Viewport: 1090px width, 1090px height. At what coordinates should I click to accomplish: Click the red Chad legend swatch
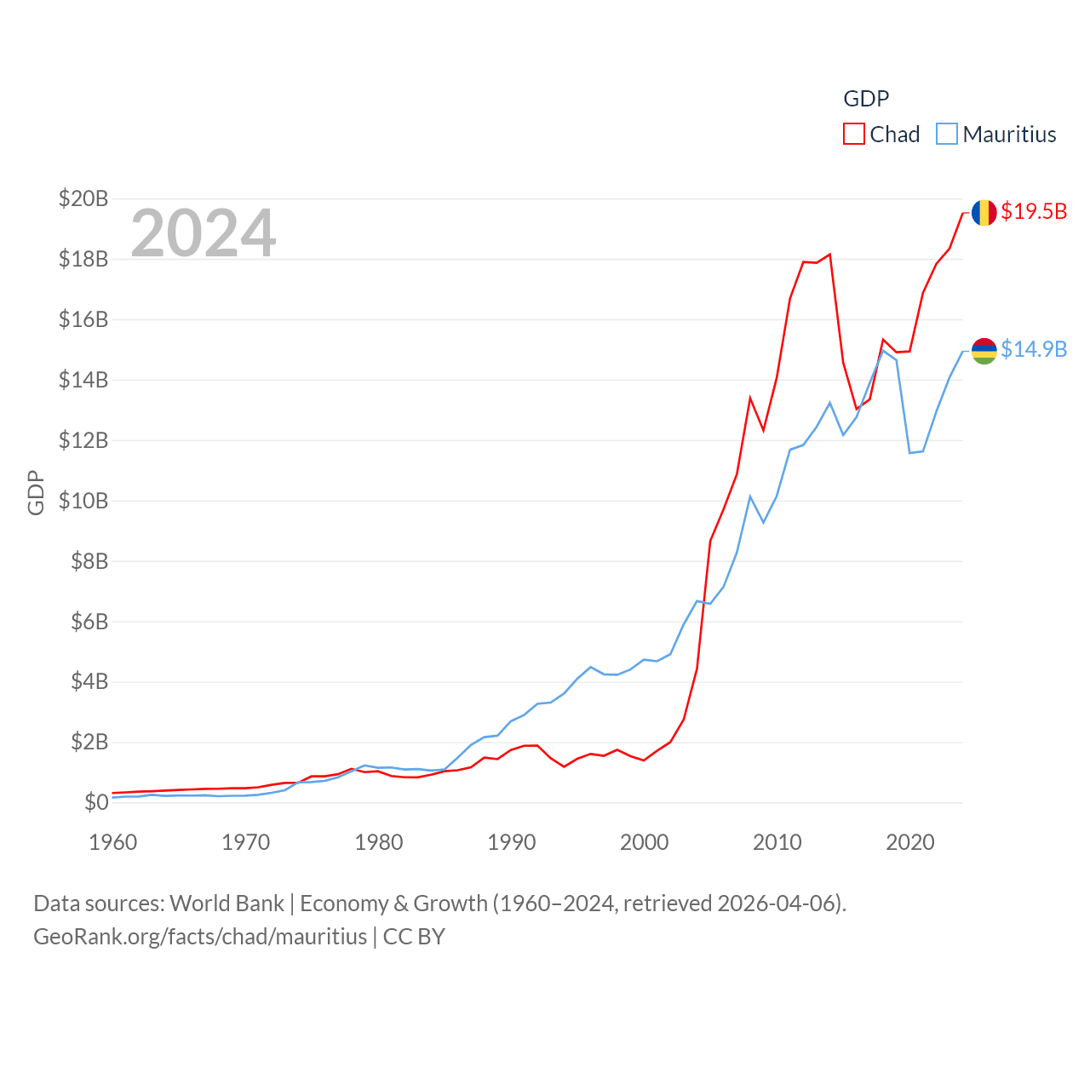853,135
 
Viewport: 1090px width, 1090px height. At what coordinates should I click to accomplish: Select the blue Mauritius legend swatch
946,135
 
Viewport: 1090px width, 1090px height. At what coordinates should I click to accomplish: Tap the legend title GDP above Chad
866,99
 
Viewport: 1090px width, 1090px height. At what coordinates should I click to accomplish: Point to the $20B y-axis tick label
83,198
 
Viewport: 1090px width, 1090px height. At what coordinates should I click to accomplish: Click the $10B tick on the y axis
83,501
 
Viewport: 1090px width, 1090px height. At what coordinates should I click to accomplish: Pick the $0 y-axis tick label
96,802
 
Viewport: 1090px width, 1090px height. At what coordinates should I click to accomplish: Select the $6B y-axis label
89,622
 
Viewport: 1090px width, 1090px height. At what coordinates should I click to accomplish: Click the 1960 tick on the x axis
113,842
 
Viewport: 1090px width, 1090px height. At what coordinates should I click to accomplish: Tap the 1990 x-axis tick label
512,842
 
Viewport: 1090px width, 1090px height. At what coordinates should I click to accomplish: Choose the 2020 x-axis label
910,842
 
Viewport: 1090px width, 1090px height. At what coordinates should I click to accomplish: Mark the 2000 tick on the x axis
645,842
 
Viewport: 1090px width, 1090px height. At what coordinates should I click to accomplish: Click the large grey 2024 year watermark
204,232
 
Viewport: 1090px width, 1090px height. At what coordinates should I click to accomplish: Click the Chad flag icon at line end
984,212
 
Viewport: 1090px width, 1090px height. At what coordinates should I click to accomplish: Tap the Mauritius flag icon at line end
984,350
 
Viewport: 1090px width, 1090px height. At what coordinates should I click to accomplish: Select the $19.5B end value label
1034,211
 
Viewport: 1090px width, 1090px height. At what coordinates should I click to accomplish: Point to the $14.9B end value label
1034,349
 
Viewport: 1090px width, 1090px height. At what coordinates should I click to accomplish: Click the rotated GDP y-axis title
36,492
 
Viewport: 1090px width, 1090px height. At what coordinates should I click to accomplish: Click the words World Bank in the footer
227,903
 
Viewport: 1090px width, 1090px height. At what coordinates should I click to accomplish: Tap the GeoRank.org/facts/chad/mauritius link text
200,937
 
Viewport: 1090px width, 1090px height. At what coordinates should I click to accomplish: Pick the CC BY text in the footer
414,937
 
